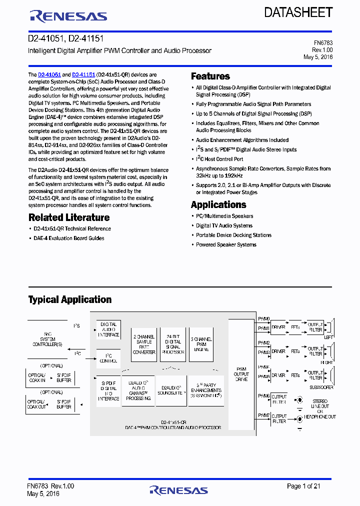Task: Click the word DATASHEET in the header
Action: [x=298, y=13]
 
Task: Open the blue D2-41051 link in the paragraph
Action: [x=49, y=74]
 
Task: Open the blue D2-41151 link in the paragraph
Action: [x=83, y=74]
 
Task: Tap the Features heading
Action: [x=210, y=76]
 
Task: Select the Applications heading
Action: [x=218, y=204]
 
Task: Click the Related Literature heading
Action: [x=69, y=217]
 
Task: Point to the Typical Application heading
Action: [x=70, y=299]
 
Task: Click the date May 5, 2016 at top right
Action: [x=318, y=57]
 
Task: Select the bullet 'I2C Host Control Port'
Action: [x=219, y=159]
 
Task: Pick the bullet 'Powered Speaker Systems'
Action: [x=226, y=244]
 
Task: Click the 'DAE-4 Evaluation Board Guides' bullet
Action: [x=69, y=238]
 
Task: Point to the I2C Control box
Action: [x=108, y=357]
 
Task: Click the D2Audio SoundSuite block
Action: [x=171, y=389]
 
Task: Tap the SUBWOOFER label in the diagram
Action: [x=322, y=386]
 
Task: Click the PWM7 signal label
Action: [x=264, y=415]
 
